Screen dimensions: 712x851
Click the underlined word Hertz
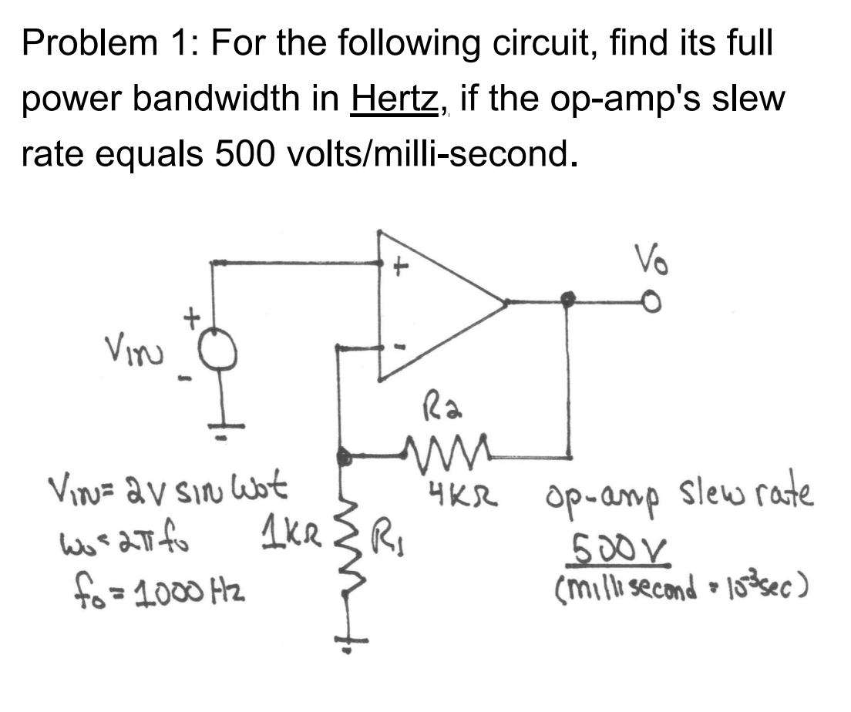pos(395,99)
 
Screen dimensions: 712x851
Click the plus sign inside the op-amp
pos(399,269)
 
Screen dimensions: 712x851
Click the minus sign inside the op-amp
pos(399,348)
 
